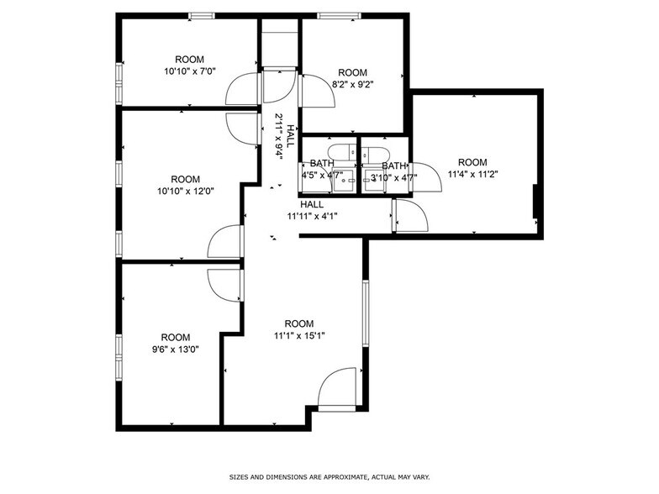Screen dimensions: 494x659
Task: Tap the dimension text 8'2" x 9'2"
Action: click(353, 84)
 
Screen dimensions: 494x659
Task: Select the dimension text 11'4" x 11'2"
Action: click(472, 175)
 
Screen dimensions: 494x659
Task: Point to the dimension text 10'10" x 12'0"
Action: click(186, 191)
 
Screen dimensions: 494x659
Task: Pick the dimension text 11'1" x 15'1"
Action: click(298, 336)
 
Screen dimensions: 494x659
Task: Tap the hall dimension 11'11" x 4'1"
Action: click(312, 215)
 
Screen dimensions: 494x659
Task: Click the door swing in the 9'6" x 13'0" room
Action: click(224, 286)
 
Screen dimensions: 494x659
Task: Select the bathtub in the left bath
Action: click(340, 152)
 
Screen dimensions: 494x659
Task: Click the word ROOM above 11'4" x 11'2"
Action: click(472, 162)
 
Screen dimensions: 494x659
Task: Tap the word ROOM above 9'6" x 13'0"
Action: click(176, 338)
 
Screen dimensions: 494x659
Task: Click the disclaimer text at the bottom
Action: click(329, 476)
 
